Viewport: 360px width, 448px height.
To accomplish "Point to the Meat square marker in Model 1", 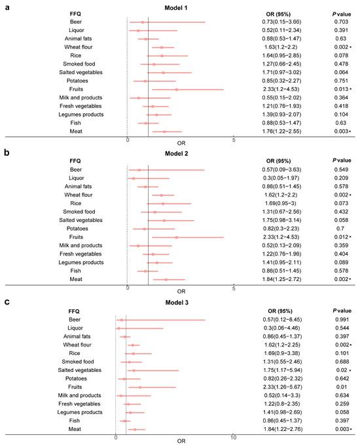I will point(164,132).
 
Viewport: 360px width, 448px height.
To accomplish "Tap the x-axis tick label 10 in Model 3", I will point(234,437).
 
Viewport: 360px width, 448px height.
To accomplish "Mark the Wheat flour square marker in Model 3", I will point(133,345).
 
